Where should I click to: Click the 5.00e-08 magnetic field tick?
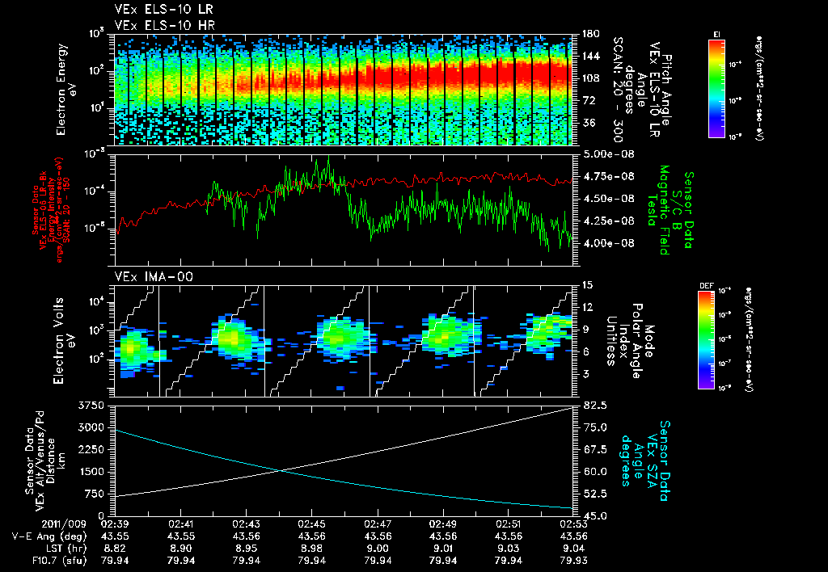coord(606,154)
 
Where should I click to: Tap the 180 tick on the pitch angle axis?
coord(589,34)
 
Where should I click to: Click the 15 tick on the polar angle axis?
coord(586,285)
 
